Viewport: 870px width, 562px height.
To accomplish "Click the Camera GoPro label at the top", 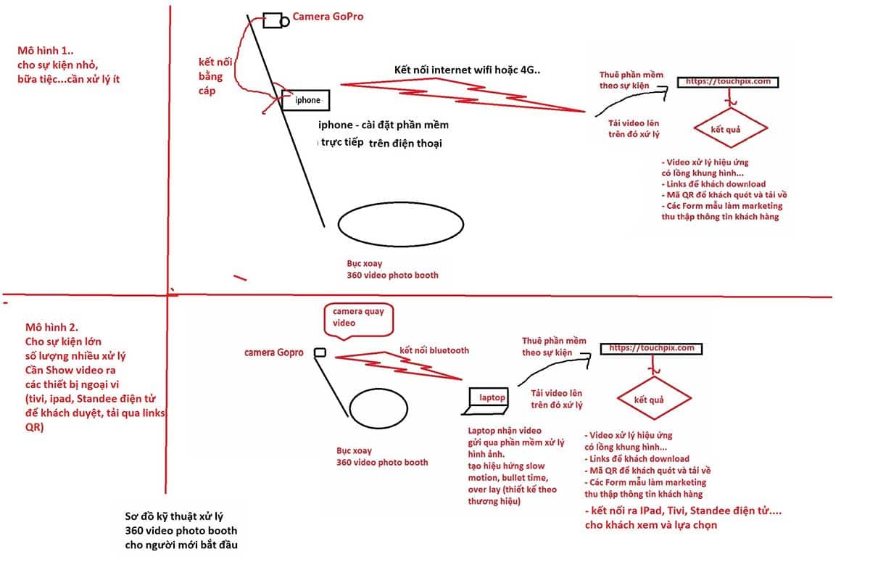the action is [328, 16].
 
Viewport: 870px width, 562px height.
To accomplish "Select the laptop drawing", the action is [486, 401].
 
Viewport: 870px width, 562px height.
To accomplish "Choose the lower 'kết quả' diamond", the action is [654, 378].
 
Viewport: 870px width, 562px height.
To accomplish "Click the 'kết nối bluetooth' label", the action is [434, 350].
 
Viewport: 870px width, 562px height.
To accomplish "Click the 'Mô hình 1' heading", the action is [45, 51].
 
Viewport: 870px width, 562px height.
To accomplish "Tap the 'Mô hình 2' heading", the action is [51, 327].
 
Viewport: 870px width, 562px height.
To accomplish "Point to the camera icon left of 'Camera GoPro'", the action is [275, 20].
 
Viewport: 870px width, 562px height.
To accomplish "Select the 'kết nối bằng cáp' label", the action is [215, 76].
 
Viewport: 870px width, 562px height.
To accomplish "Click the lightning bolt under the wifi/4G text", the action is [463, 95].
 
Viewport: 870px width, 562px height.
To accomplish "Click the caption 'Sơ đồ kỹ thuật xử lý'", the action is [174, 516].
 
